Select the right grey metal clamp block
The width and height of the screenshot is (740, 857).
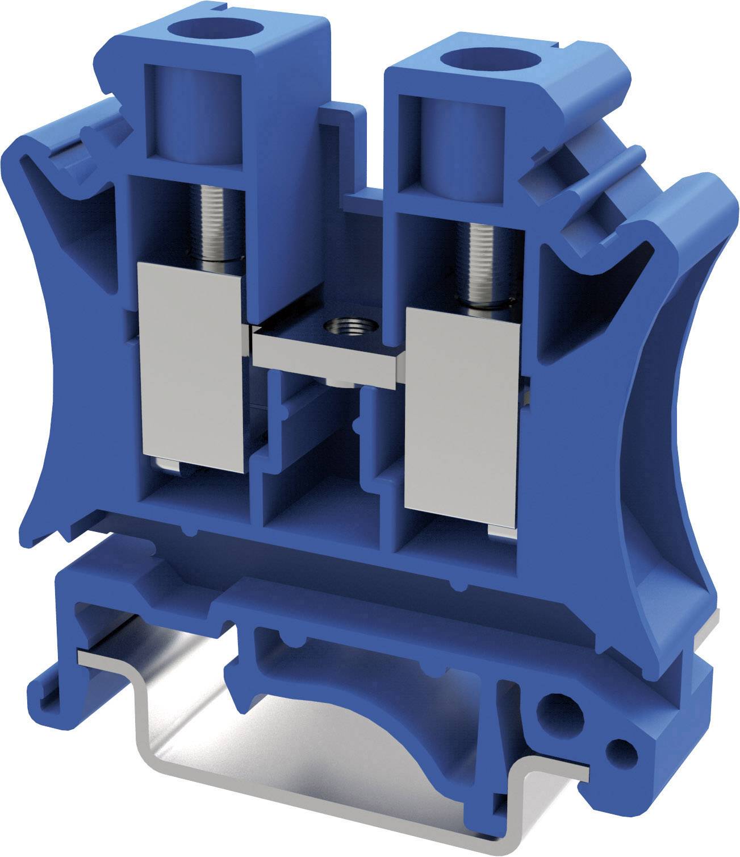tap(461, 418)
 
